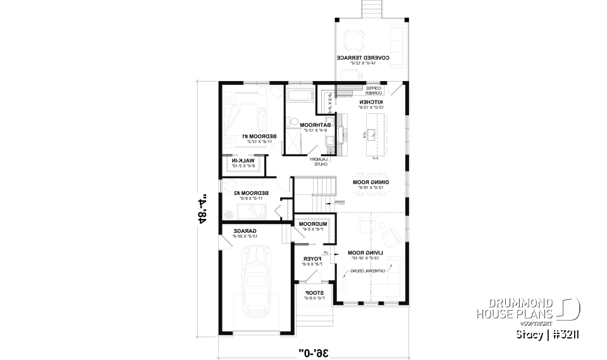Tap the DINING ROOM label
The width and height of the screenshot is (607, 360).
[370, 182]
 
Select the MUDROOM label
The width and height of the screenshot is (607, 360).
[312, 224]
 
